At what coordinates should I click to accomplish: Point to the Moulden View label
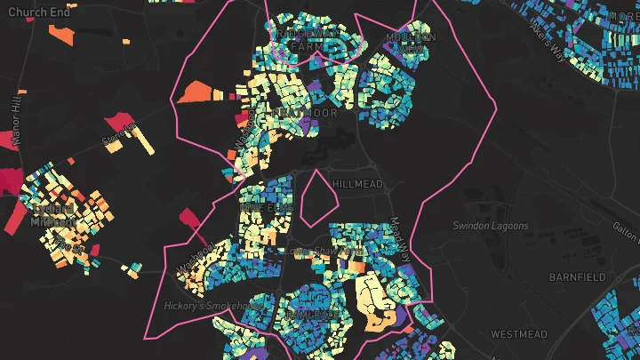point(411,43)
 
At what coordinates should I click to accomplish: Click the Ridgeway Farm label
point(308,38)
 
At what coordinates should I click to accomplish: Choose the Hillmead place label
point(357,184)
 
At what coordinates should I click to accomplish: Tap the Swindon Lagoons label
point(491,226)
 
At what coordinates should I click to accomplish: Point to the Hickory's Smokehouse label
point(213,306)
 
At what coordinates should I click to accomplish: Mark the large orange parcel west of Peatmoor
point(197,92)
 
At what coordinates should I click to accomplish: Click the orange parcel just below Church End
point(61,36)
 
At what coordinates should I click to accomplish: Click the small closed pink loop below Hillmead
point(314,197)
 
